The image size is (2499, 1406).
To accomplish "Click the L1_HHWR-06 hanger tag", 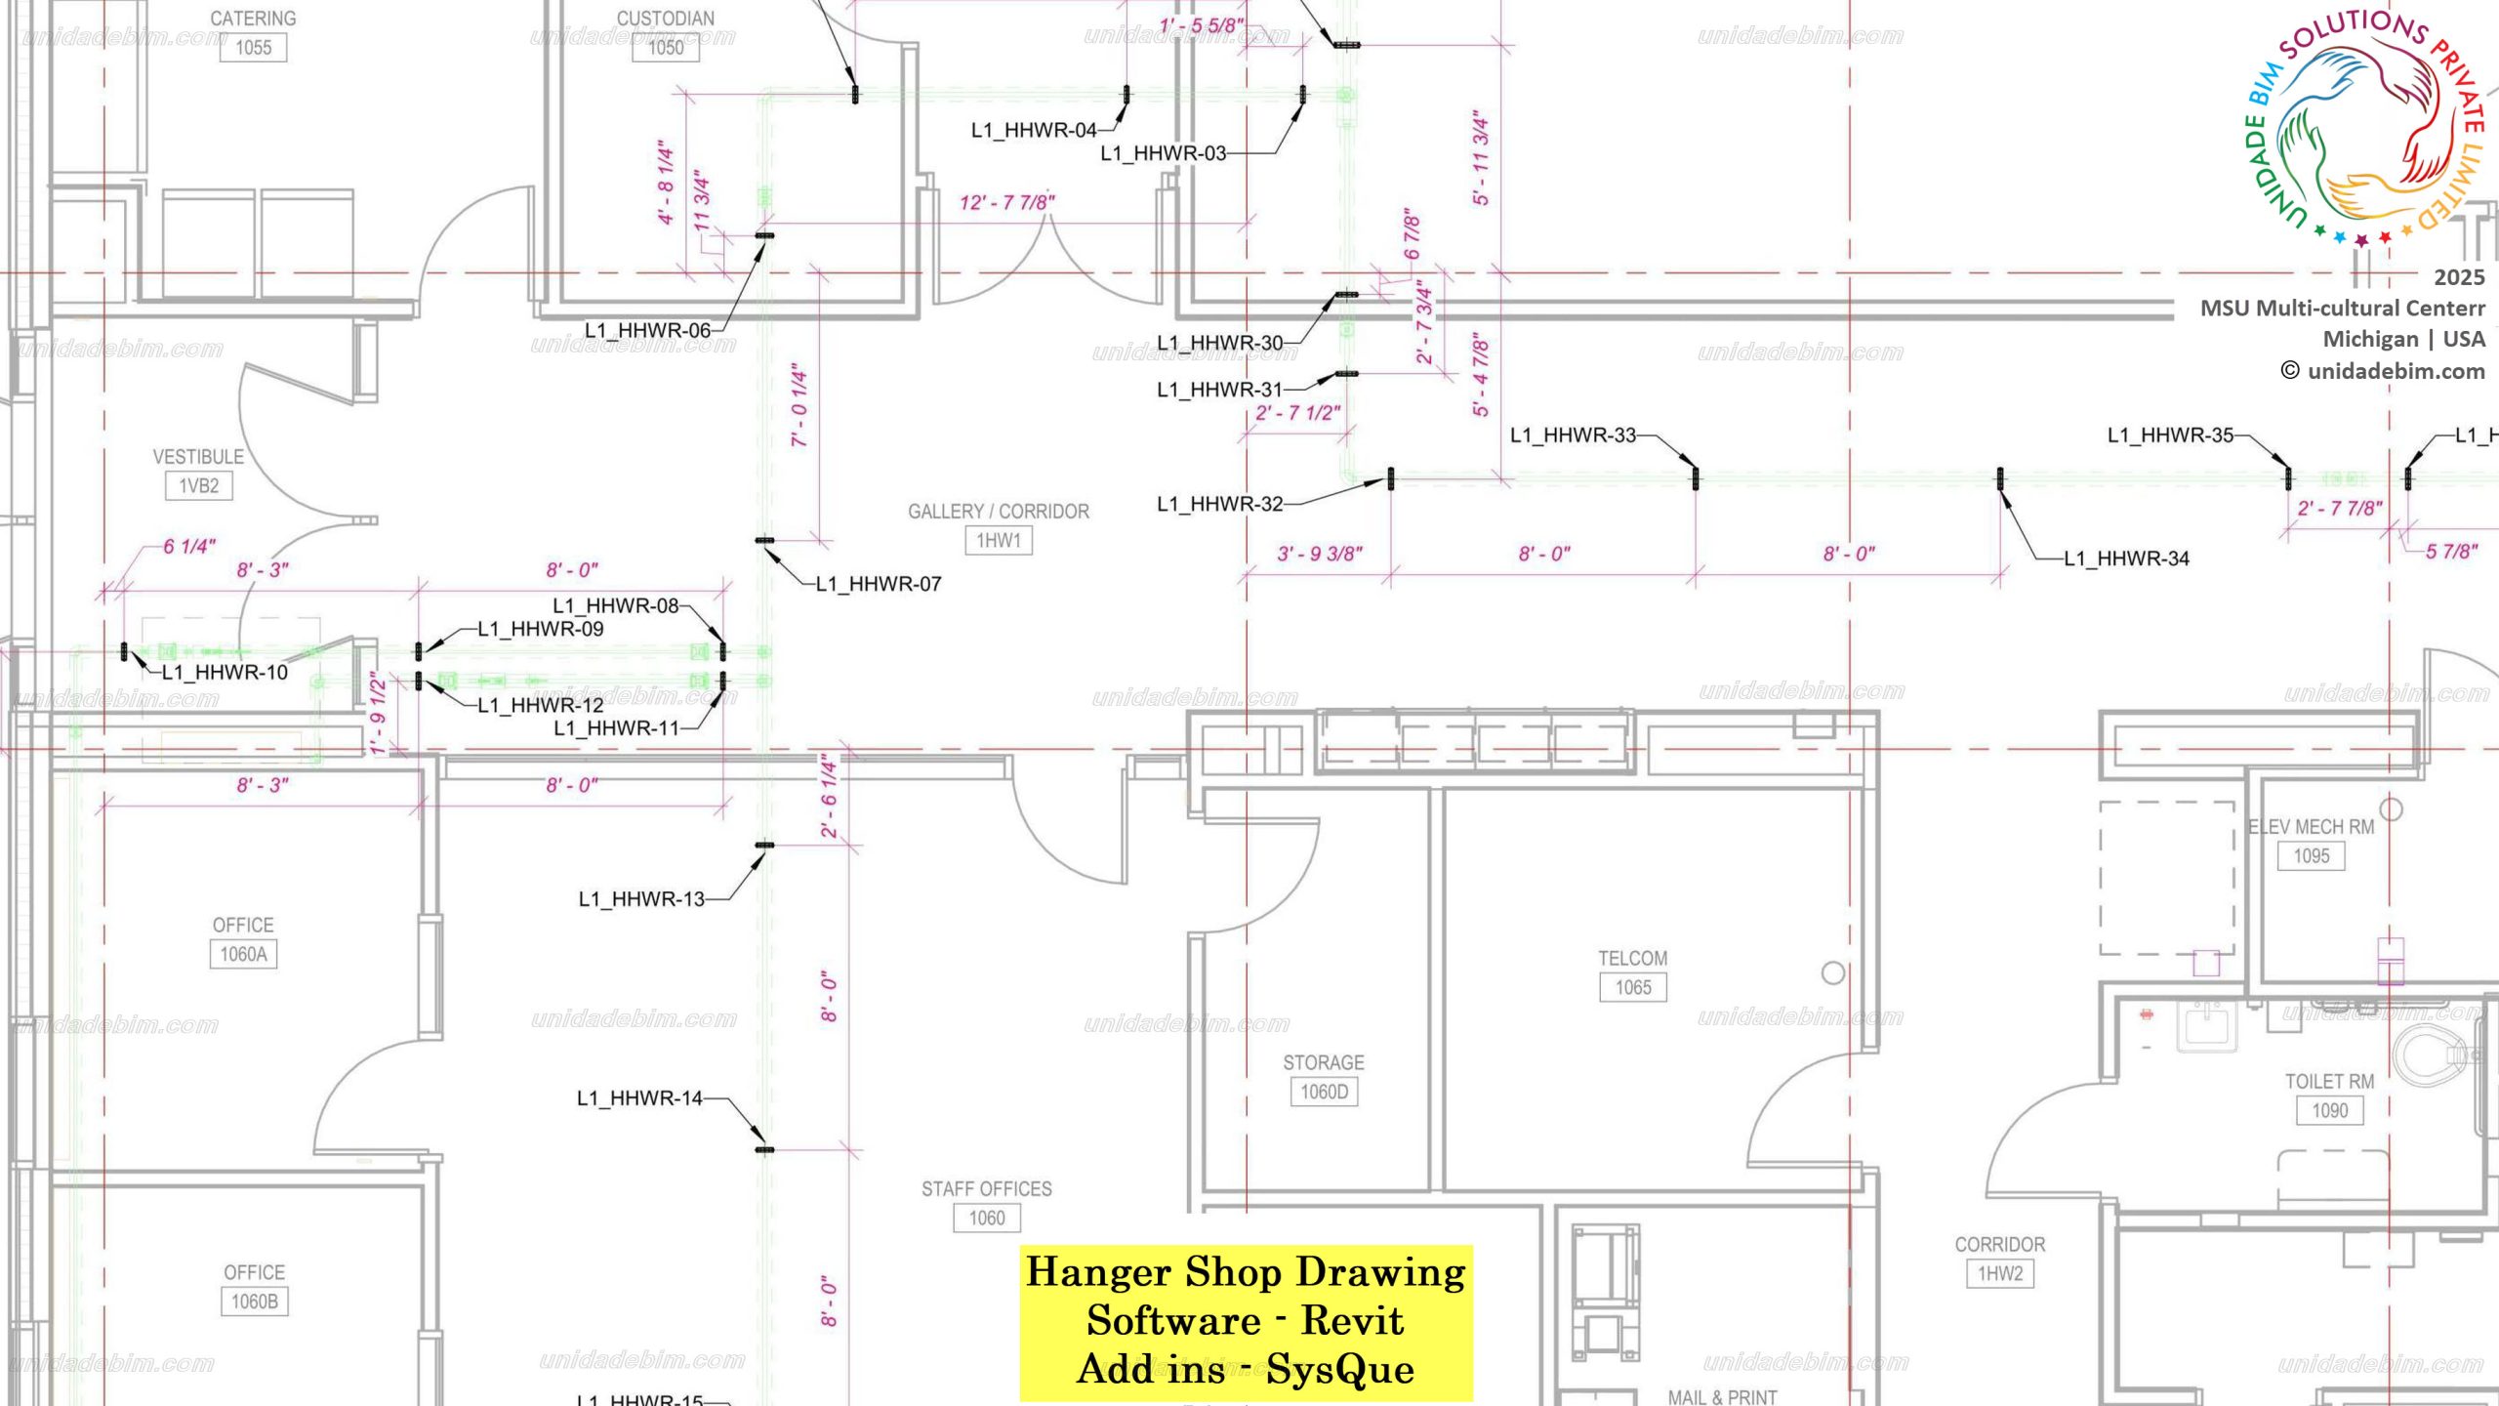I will pos(647,331).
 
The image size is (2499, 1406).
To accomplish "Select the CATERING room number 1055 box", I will pos(253,48).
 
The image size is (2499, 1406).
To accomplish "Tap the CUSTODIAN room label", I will pos(665,19).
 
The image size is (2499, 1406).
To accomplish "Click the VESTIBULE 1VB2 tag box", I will pos(198,486).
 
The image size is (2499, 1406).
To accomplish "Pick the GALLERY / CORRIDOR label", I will pos(998,512).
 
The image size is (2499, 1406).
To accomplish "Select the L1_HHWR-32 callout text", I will pos(1219,505).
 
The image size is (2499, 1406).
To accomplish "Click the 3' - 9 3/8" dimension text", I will pos(1320,555).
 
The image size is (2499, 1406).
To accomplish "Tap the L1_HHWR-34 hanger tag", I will pos(2126,558).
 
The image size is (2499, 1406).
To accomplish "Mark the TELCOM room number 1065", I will pos(1632,988).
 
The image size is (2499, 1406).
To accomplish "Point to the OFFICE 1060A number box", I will pos(243,955).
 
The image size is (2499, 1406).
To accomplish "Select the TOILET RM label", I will pos(2329,1082).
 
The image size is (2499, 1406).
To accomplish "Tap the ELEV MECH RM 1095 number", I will pos(2311,856).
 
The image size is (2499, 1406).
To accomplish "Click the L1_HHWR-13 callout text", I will pos(641,899).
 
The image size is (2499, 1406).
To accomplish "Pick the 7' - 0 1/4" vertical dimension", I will pos(799,405).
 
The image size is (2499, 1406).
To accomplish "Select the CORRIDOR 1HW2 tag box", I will pos(1999,1274).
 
